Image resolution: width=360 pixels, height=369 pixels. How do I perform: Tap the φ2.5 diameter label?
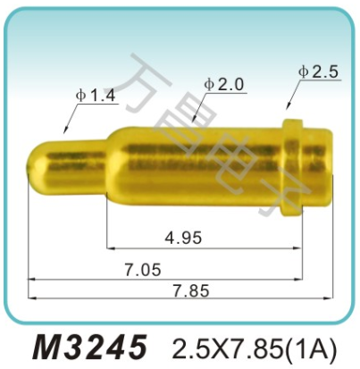[x=318, y=73]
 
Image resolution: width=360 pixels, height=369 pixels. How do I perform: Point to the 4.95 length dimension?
[x=183, y=237]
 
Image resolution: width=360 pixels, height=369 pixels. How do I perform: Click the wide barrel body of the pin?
[x=197, y=161]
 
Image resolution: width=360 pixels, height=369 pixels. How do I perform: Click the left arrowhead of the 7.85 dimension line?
[x=33, y=279]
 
